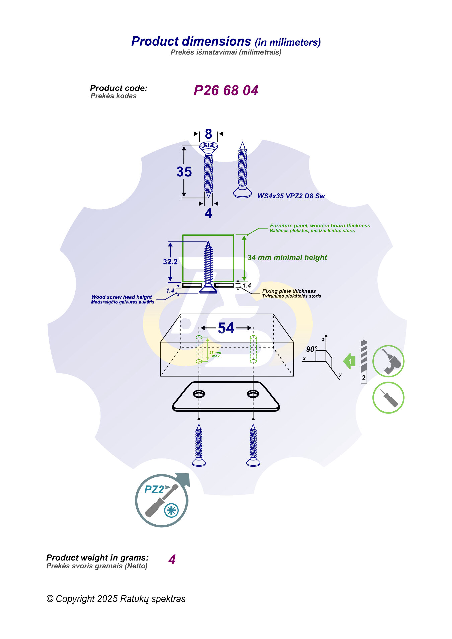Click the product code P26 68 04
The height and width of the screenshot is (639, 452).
pos(226,90)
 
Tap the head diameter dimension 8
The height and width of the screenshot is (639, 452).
pos(208,134)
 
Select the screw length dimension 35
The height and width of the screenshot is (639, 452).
pos(184,172)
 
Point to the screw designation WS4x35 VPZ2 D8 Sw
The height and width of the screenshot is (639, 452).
pos(291,196)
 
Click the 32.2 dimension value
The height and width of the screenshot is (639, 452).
pos(170,262)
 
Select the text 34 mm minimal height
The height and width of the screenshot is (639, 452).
pos(287,258)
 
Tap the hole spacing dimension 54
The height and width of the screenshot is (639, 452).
pos(226,328)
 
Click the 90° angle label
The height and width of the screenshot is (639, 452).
pos(311,349)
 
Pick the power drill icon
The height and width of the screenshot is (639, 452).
pos(388,362)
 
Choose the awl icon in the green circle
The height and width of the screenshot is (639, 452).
pos(388,398)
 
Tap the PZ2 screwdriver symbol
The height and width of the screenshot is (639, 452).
pos(162,501)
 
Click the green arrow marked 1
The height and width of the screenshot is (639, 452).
pos(349,361)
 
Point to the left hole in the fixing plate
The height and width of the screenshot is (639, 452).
pos(199,394)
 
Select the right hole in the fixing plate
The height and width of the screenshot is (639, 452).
pos(253,394)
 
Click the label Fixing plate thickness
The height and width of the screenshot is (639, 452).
pos(289,291)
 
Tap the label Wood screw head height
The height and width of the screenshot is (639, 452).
pos(122,297)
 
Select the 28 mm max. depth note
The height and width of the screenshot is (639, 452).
pos(215,354)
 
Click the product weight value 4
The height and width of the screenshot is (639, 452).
pos(172,560)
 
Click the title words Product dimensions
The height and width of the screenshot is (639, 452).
pos(191,41)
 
